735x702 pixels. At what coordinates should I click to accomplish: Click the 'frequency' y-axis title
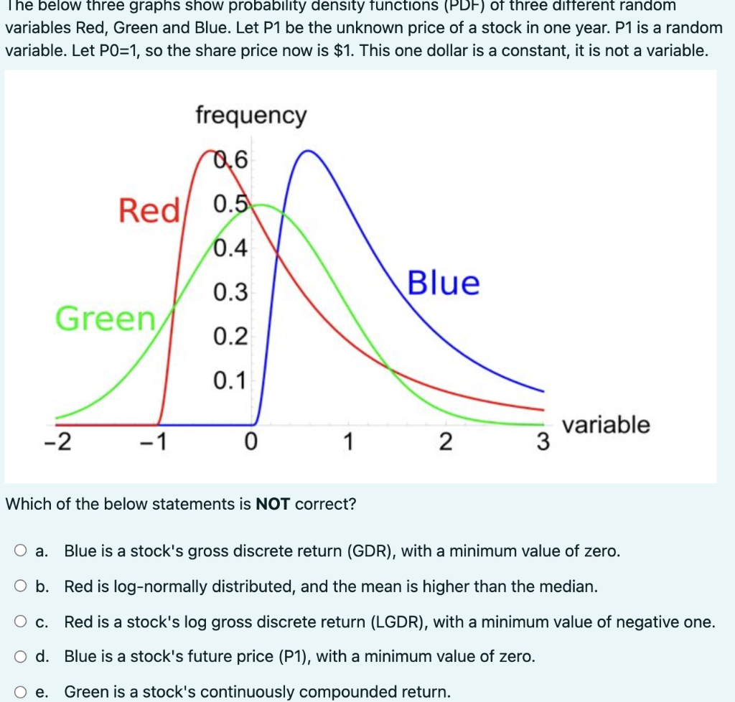coord(251,115)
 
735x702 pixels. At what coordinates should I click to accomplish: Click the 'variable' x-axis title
coord(606,424)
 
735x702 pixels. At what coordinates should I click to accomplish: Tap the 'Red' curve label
coord(149,211)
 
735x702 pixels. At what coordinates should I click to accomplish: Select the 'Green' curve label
coord(106,319)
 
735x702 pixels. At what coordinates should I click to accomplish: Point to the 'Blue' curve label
coord(444,283)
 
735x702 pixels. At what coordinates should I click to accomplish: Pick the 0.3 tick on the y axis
coord(230,292)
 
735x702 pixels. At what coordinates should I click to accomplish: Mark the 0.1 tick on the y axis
coord(230,380)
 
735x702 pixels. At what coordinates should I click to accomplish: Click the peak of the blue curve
coord(308,151)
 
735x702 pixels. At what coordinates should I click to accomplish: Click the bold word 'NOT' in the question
coord(273,504)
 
